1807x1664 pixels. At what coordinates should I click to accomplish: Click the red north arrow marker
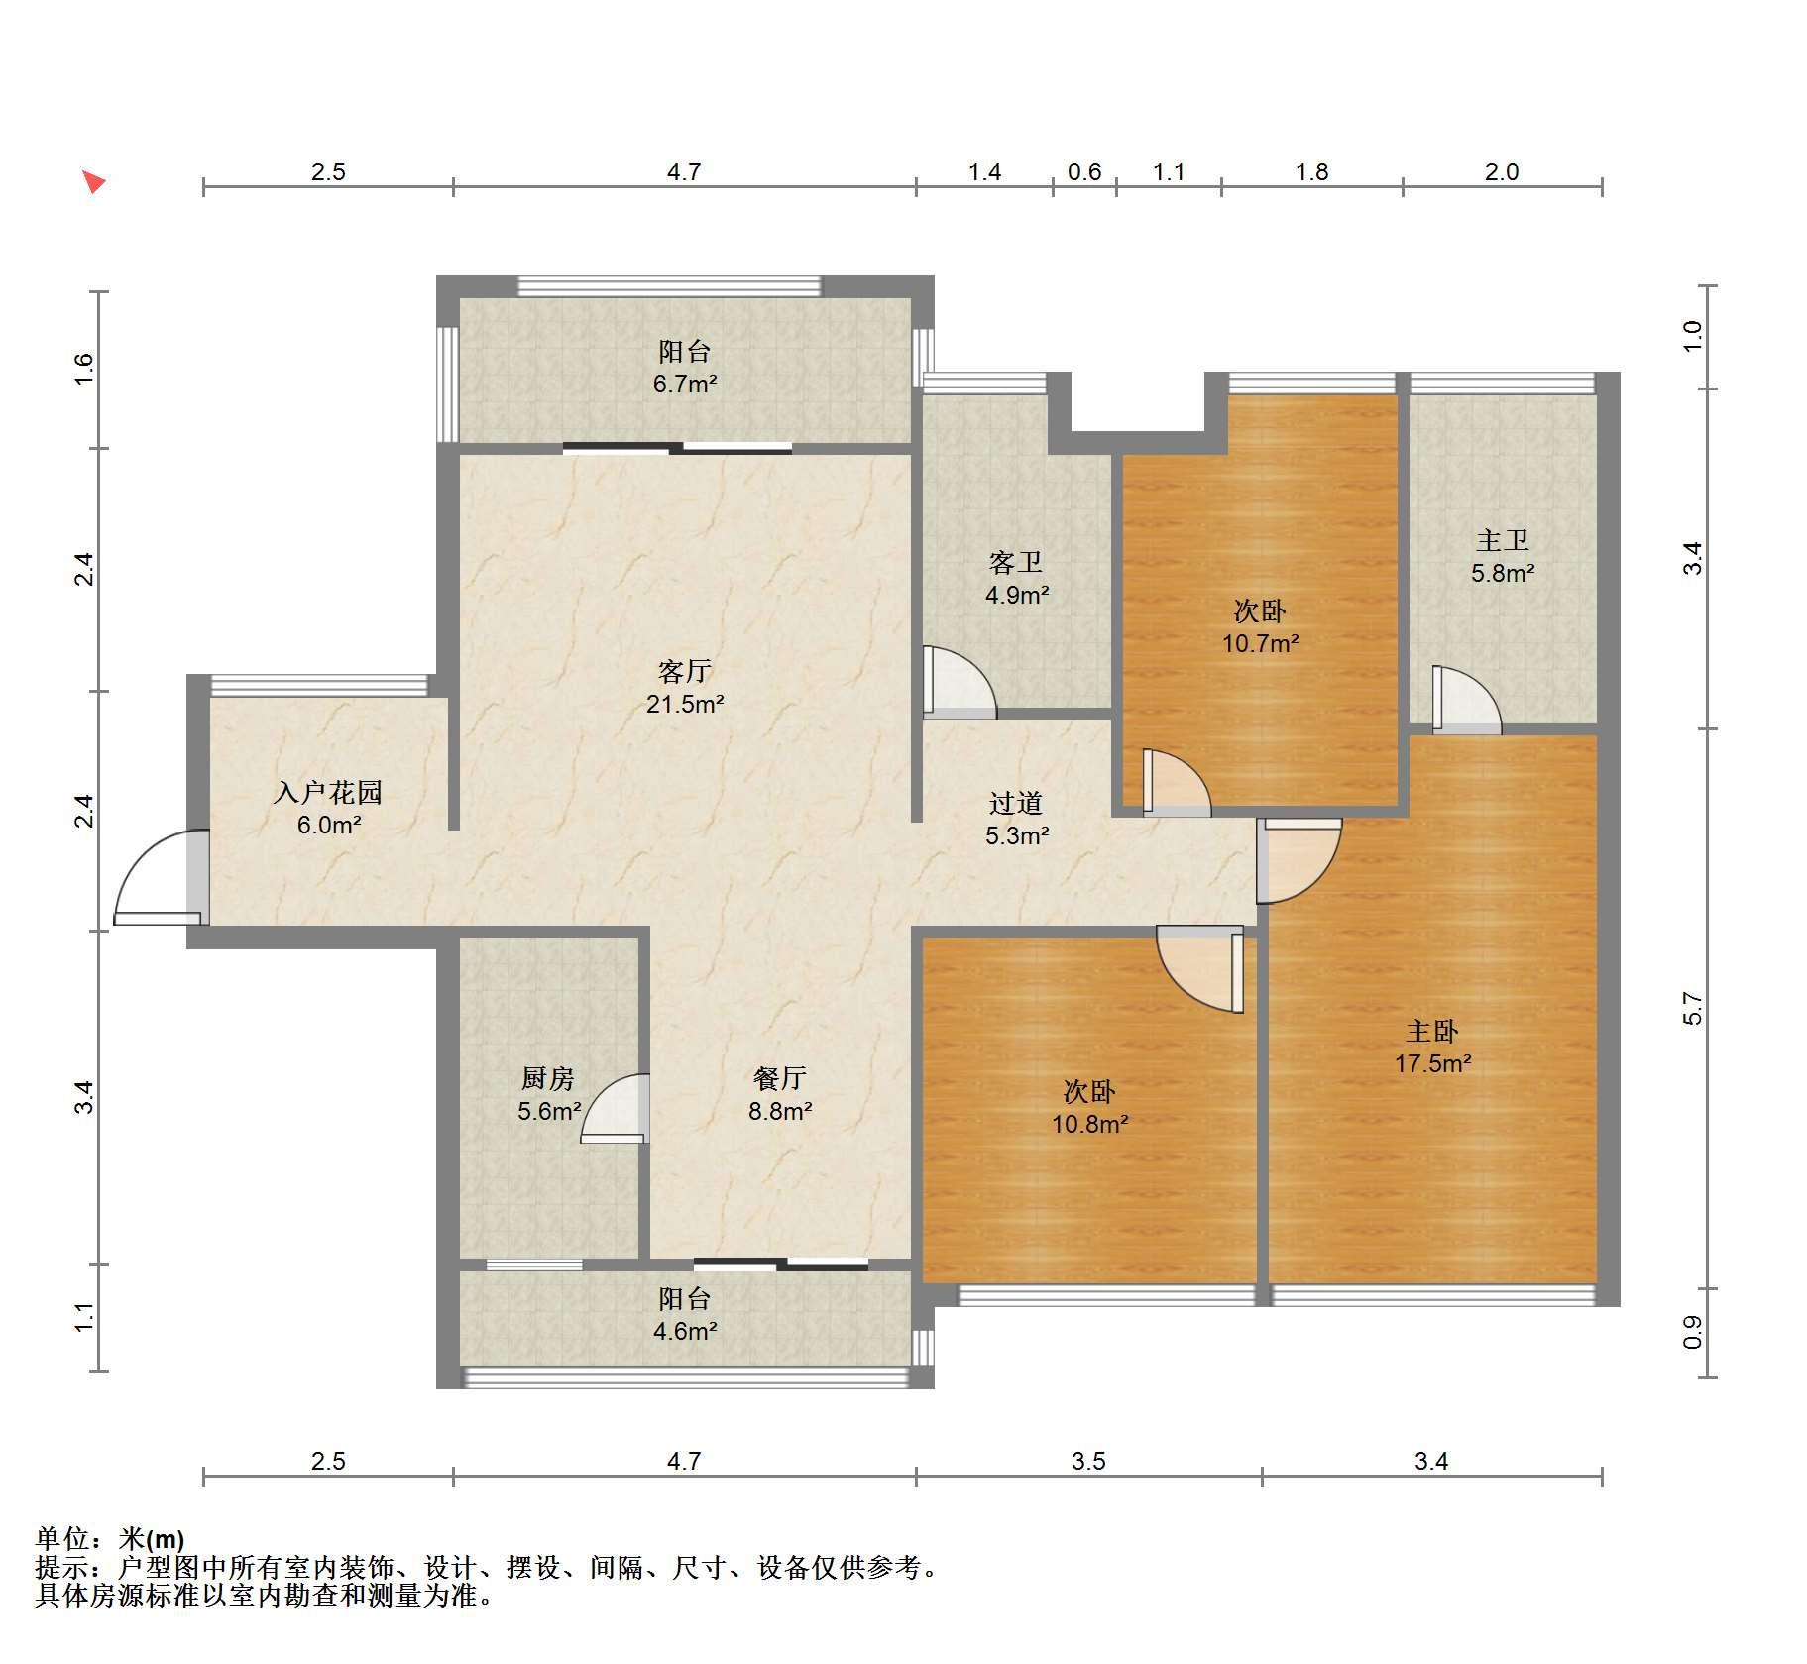pos(94,182)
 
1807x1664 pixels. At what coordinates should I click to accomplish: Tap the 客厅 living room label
pos(684,672)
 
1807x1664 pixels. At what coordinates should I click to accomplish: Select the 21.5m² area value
pos(685,705)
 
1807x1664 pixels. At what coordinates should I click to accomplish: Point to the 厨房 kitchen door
pos(616,1109)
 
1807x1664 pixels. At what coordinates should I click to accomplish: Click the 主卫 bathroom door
pos(1467,701)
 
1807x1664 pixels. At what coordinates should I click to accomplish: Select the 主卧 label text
pos(1432,1032)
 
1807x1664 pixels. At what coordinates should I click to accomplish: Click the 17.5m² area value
pos(1433,1064)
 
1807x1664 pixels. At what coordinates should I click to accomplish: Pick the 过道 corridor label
pos(1016,803)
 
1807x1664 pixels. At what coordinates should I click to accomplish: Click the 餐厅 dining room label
pos(780,1078)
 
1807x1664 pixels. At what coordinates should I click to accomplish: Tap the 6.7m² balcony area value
pos(685,384)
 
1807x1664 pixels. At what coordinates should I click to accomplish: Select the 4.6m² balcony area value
pos(685,1331)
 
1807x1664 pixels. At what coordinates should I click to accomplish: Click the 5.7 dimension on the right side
pos(1693,1009)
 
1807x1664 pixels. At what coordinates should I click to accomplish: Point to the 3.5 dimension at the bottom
pos(1088,1461)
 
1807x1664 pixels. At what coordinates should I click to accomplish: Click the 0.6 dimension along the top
pos(1084,172)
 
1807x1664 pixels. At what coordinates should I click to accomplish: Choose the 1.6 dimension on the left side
pos(84,369)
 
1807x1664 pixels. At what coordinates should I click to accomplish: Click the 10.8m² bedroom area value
pos(1090,1125)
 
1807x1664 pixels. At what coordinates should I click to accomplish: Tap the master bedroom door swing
pos(1299,861)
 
